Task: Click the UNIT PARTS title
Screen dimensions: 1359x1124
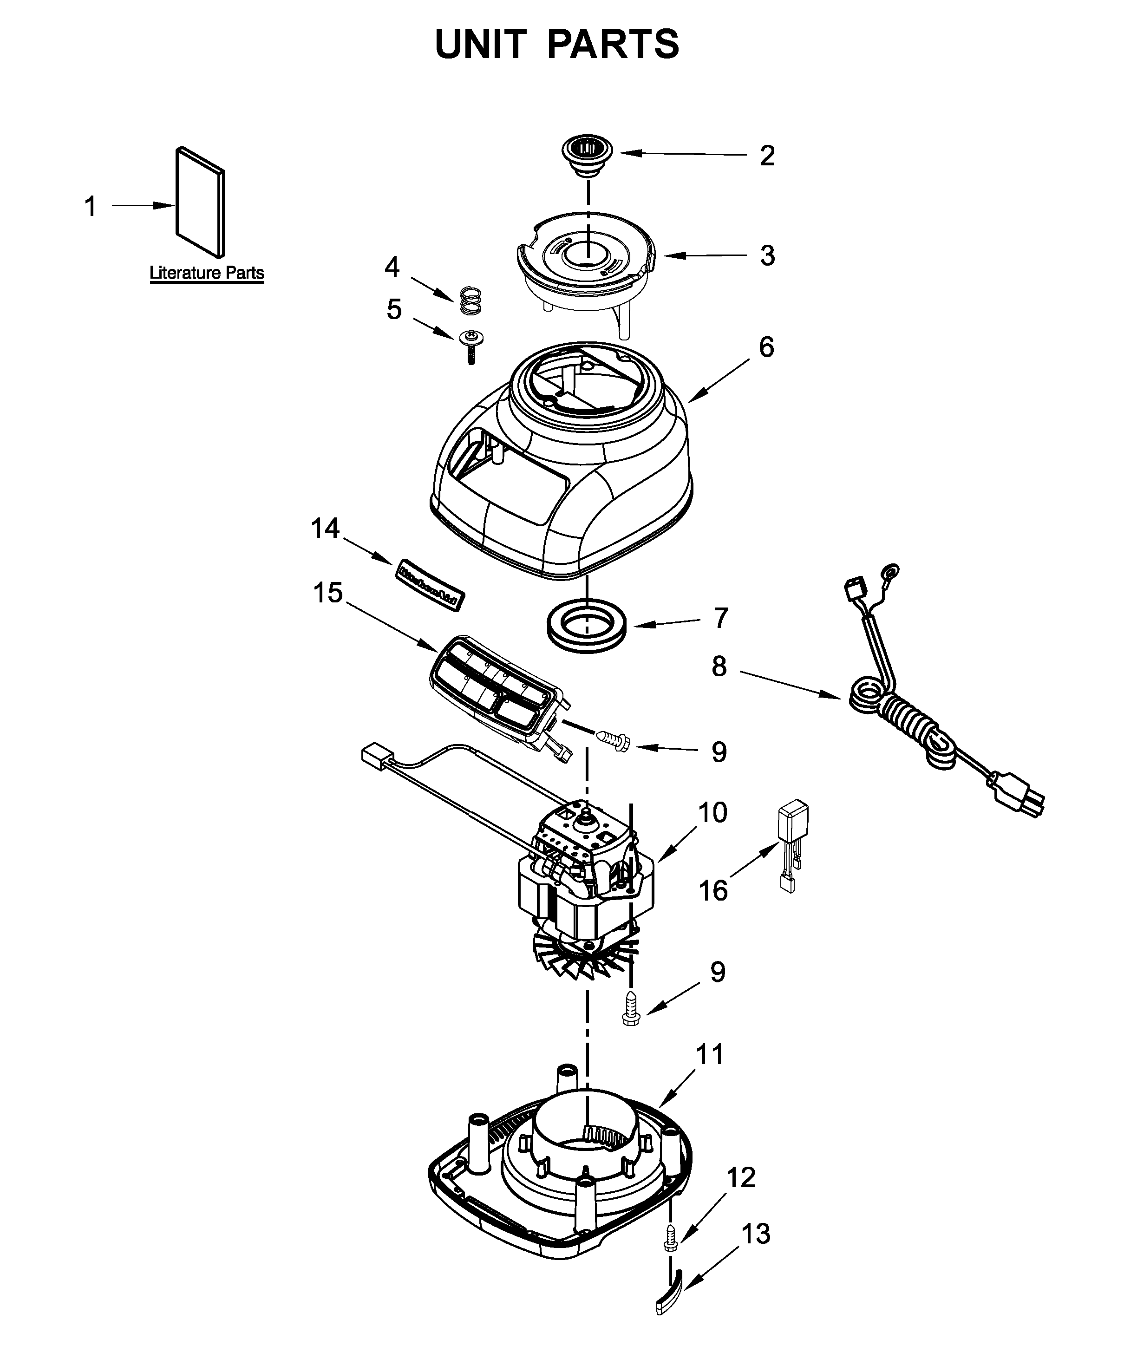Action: (556, 44)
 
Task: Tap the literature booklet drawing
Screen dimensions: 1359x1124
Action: (201, 200)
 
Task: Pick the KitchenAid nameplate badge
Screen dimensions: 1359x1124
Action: (427, 584)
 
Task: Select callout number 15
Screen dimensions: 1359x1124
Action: (327, 593)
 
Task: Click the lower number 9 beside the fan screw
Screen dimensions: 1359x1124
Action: (718, 990)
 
